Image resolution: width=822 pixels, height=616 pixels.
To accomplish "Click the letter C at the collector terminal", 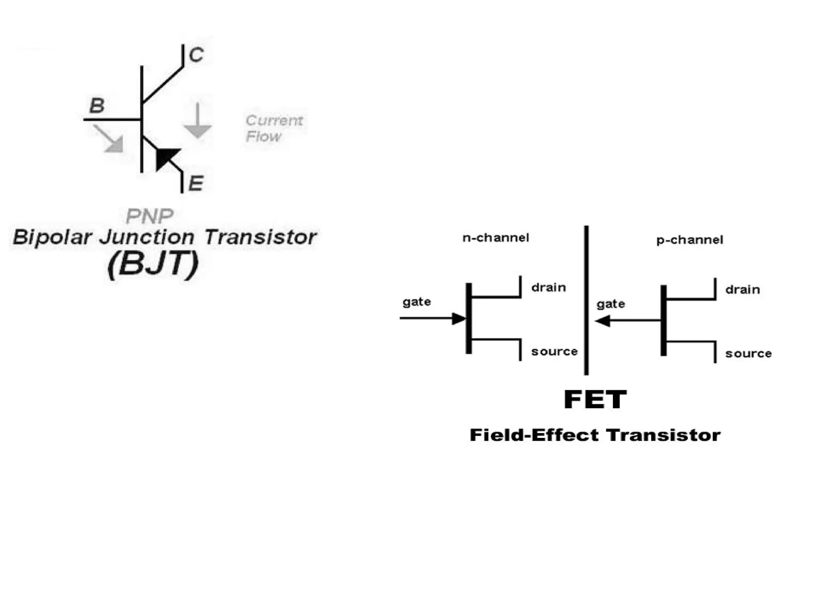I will tap(196, 55).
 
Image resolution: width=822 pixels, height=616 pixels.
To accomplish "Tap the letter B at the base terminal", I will tap(97, 105).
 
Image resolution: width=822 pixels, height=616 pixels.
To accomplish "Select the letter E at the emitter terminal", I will tap(196, 183).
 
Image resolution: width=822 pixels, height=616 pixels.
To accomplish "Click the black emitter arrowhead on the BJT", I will tap(166, 158).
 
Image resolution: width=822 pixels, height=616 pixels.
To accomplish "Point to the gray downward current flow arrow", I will tap(197, 122).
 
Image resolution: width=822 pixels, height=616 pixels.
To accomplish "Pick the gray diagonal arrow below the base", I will tap(109, 139).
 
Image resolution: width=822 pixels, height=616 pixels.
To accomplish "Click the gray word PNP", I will tap(149, 216).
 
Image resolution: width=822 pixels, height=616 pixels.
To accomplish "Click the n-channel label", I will tap(496, 238).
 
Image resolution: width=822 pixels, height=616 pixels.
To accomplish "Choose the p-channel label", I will tap(690, 240).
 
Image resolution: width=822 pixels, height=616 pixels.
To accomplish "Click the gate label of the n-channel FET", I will tap(417, 302).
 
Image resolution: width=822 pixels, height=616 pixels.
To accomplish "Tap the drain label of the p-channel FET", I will tap(743, 290).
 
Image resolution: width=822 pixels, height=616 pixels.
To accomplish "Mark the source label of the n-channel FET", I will tap(554, 352).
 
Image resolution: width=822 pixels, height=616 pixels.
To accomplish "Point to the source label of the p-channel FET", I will tap(748, 354).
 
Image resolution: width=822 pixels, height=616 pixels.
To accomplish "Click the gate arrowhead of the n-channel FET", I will tap(459, 318).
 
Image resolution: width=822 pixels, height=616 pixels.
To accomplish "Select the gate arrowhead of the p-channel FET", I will tap(603, 321).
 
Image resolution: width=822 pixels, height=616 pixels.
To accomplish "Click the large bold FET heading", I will tap(595, 399).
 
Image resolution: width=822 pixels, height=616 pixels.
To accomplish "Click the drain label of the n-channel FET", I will tap(548, 288).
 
